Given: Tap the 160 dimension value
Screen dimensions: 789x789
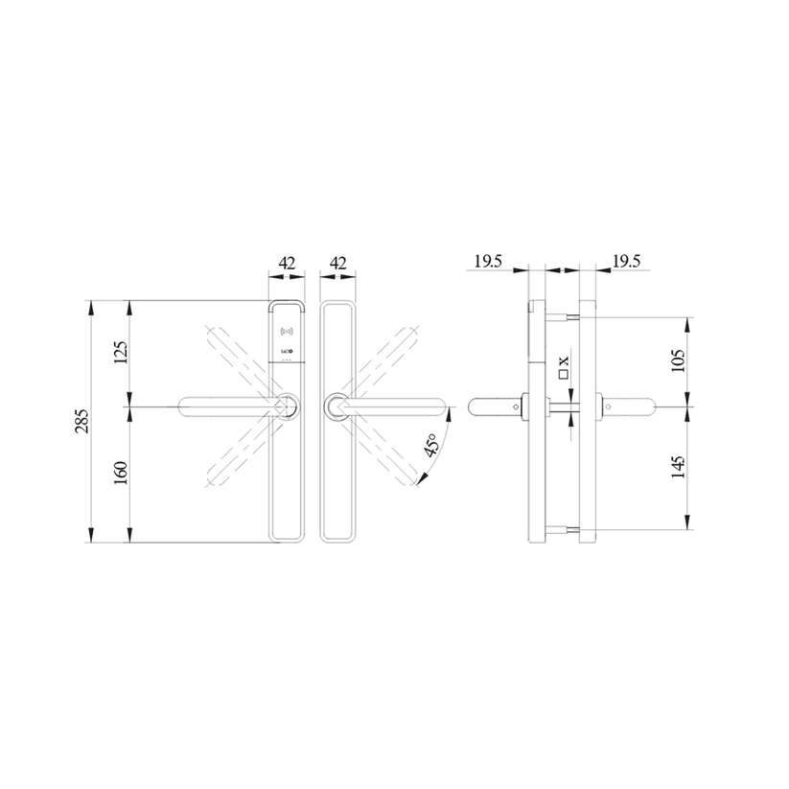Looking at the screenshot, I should pos(120,473).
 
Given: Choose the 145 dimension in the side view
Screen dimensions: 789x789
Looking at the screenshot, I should pos(679,468).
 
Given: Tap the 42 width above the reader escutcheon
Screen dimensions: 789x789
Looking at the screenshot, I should pos(287,262).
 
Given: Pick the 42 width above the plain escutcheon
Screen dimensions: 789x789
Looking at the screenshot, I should pos(336,262).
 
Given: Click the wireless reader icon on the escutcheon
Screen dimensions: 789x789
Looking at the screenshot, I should pos(285,333).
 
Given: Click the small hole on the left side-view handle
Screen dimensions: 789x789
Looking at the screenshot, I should pos(515,407).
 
